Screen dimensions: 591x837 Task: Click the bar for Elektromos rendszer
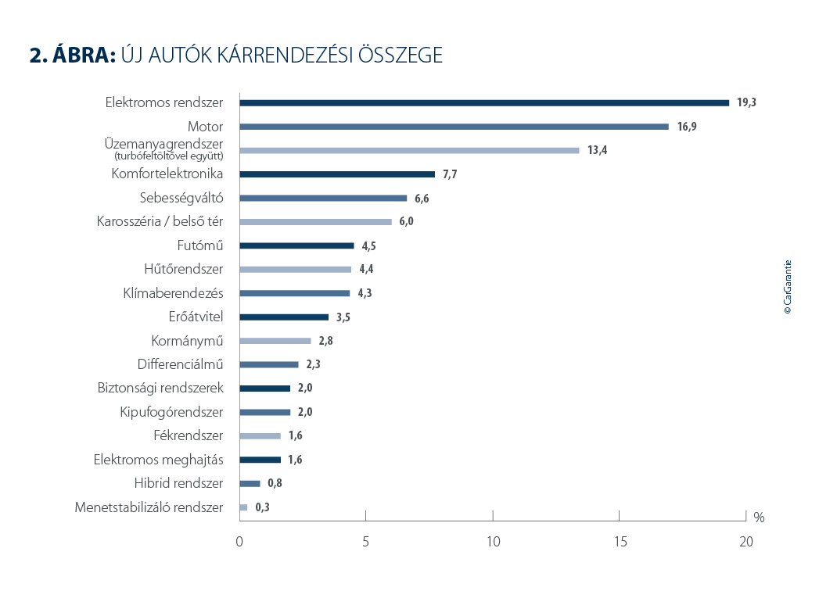484,102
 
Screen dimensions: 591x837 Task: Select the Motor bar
454,127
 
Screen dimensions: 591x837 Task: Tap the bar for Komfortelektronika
337,174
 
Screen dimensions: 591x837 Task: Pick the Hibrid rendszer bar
250,483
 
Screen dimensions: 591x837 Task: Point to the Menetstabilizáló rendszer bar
243,507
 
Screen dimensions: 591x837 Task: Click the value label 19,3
746,102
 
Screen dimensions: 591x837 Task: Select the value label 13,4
597,150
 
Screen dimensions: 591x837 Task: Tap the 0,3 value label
263,507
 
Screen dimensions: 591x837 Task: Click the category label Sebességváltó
181,198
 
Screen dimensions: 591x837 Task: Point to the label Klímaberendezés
173,293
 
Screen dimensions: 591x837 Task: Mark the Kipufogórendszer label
171,412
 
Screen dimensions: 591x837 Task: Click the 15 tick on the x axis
619,541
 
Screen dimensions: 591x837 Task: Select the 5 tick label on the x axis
365,541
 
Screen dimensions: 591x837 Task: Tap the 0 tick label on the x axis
239,541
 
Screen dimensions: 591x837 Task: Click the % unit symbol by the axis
758,518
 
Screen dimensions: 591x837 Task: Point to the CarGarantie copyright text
788,287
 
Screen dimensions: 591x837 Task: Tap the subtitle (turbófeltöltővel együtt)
168,156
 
